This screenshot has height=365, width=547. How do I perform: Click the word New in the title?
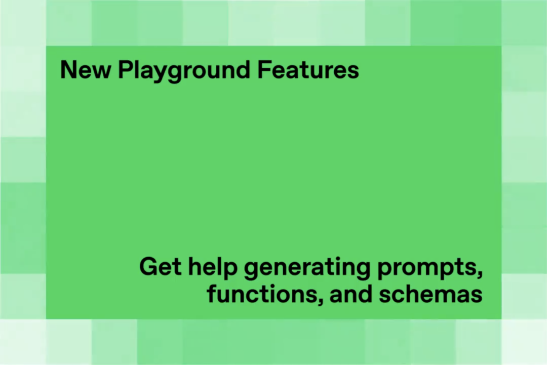[86, 70]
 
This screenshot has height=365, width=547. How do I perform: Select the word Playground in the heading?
[184, 71]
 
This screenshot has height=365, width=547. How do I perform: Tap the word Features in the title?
[308, 70]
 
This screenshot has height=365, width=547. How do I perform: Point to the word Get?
[160, 267]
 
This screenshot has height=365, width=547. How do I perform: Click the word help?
[213, 268]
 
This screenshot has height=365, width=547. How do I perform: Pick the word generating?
[307, 268]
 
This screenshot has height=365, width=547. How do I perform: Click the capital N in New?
[68, 70]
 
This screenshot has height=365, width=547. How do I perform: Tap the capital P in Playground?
[125, 70]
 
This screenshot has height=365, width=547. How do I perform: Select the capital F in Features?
[264, 70]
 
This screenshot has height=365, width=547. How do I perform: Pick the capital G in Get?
[148, 267]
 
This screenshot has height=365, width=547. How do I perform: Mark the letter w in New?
[101, 72]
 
